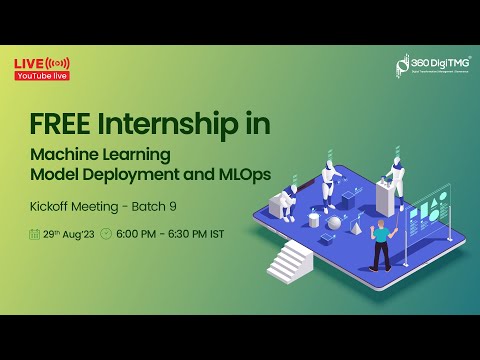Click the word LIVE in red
coord(27,64)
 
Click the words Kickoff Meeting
coord(75,208)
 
